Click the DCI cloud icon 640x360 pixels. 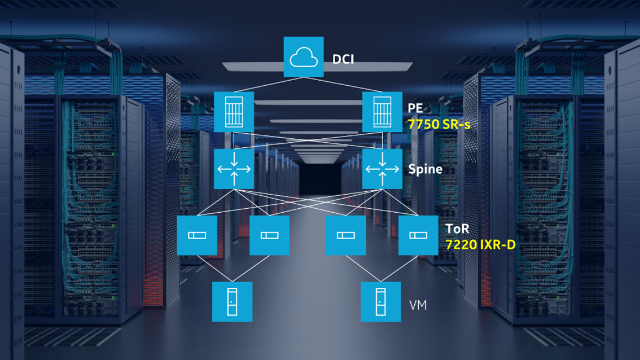304,57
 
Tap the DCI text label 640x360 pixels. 343,59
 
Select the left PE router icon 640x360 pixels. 234,112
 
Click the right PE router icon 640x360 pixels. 382,112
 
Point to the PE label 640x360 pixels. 415,108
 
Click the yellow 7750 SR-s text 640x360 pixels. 439,124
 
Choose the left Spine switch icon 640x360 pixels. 234,169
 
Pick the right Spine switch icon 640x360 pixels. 382,169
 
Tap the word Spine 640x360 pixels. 425,169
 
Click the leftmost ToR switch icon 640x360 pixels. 197,235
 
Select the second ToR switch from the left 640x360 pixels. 269,235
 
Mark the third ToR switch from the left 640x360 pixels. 346,235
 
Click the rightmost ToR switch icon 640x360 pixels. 418,235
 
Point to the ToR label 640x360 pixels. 457,230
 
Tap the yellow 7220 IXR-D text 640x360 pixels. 480,245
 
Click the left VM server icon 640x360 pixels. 232,302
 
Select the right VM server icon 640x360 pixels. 381,302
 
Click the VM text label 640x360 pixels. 418,305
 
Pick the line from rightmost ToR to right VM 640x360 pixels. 400,269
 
